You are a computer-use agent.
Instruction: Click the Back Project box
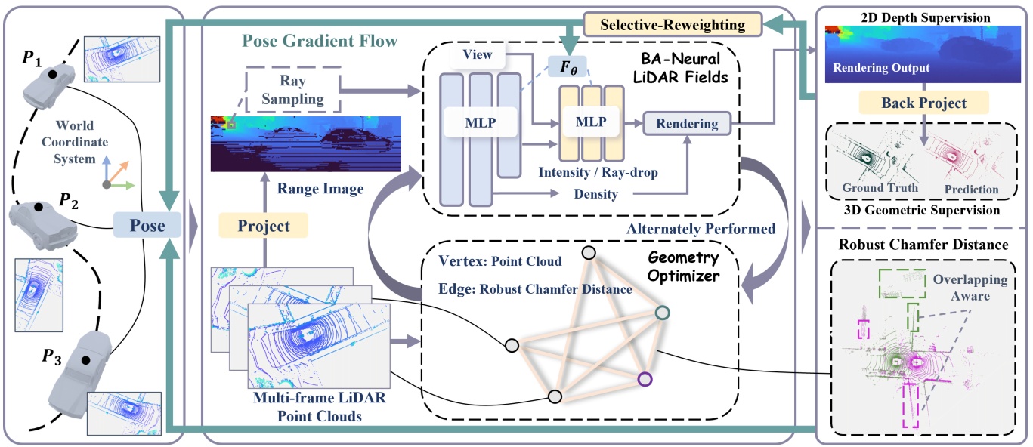pos(923,102)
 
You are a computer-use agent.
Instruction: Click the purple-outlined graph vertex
pos(644,379)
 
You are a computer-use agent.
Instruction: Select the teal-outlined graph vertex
pos(662,313)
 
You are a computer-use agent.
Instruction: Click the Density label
pos(596,194)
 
